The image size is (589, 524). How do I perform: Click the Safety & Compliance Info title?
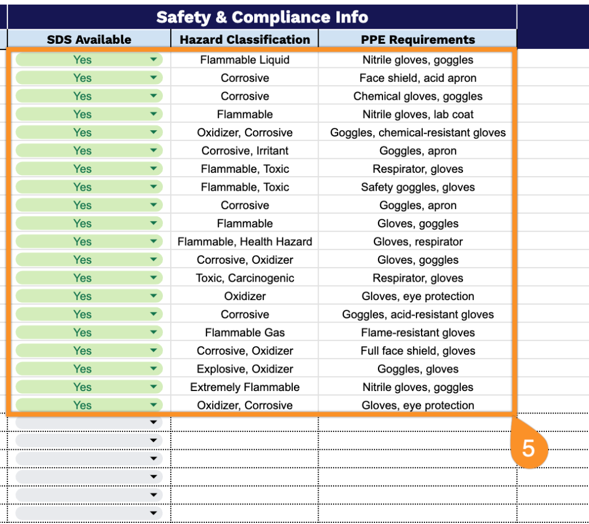(x=262, y=17)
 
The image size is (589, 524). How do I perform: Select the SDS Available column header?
(x=89, y=40)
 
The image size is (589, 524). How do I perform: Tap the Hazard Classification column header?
(x=245, y=40)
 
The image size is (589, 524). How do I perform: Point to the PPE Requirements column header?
(x=418, y=40)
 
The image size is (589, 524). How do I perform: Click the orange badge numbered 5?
(x=528, y=448)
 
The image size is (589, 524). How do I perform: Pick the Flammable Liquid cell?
(x=245, y=60)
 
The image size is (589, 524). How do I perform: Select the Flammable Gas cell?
(x=245, y=333)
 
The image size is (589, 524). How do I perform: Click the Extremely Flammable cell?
(x=245, y=388)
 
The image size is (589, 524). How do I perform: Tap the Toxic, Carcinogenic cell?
(x=245, y=278)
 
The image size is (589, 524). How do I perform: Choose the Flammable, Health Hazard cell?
(x=245, y=242)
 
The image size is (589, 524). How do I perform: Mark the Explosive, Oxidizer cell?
(x=245, y=369)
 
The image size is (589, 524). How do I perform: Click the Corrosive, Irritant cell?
(x=245, y=151)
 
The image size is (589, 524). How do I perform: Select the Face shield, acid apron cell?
(x=418, y=78)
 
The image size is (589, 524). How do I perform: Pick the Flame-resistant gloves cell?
(x=418, y=333)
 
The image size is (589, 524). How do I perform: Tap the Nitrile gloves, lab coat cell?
(x=418, y=115)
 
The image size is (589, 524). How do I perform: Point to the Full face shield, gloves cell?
(x=418, y=351)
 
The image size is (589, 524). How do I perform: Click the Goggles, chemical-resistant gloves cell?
(x=418, y=133)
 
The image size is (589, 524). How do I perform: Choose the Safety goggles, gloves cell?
(x=418, y=187)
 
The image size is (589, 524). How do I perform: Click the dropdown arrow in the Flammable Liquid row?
(x=154, y=60)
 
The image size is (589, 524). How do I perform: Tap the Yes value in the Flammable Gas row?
(x=82, y=333)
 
